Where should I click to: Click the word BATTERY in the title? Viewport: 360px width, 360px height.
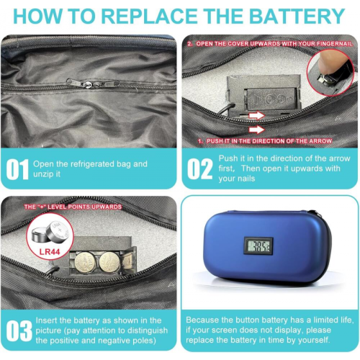pos(297,16)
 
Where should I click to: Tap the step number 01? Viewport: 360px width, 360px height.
pos(17,169)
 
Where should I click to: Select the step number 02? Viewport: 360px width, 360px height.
pos(199,169)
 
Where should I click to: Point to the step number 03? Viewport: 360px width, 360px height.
pos(19,330)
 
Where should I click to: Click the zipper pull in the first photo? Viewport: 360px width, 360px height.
pos(86,84)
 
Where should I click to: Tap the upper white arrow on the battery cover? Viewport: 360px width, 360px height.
pos(257,116)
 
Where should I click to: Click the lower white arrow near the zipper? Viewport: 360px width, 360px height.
pos(257,130)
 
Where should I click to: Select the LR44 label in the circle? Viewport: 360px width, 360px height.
pos(50,252)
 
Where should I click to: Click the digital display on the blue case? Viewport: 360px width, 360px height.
pos(258,246)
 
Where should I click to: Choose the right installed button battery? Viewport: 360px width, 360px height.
pos(109,262)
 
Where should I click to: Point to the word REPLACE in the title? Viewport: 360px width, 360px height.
pos(149,16)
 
